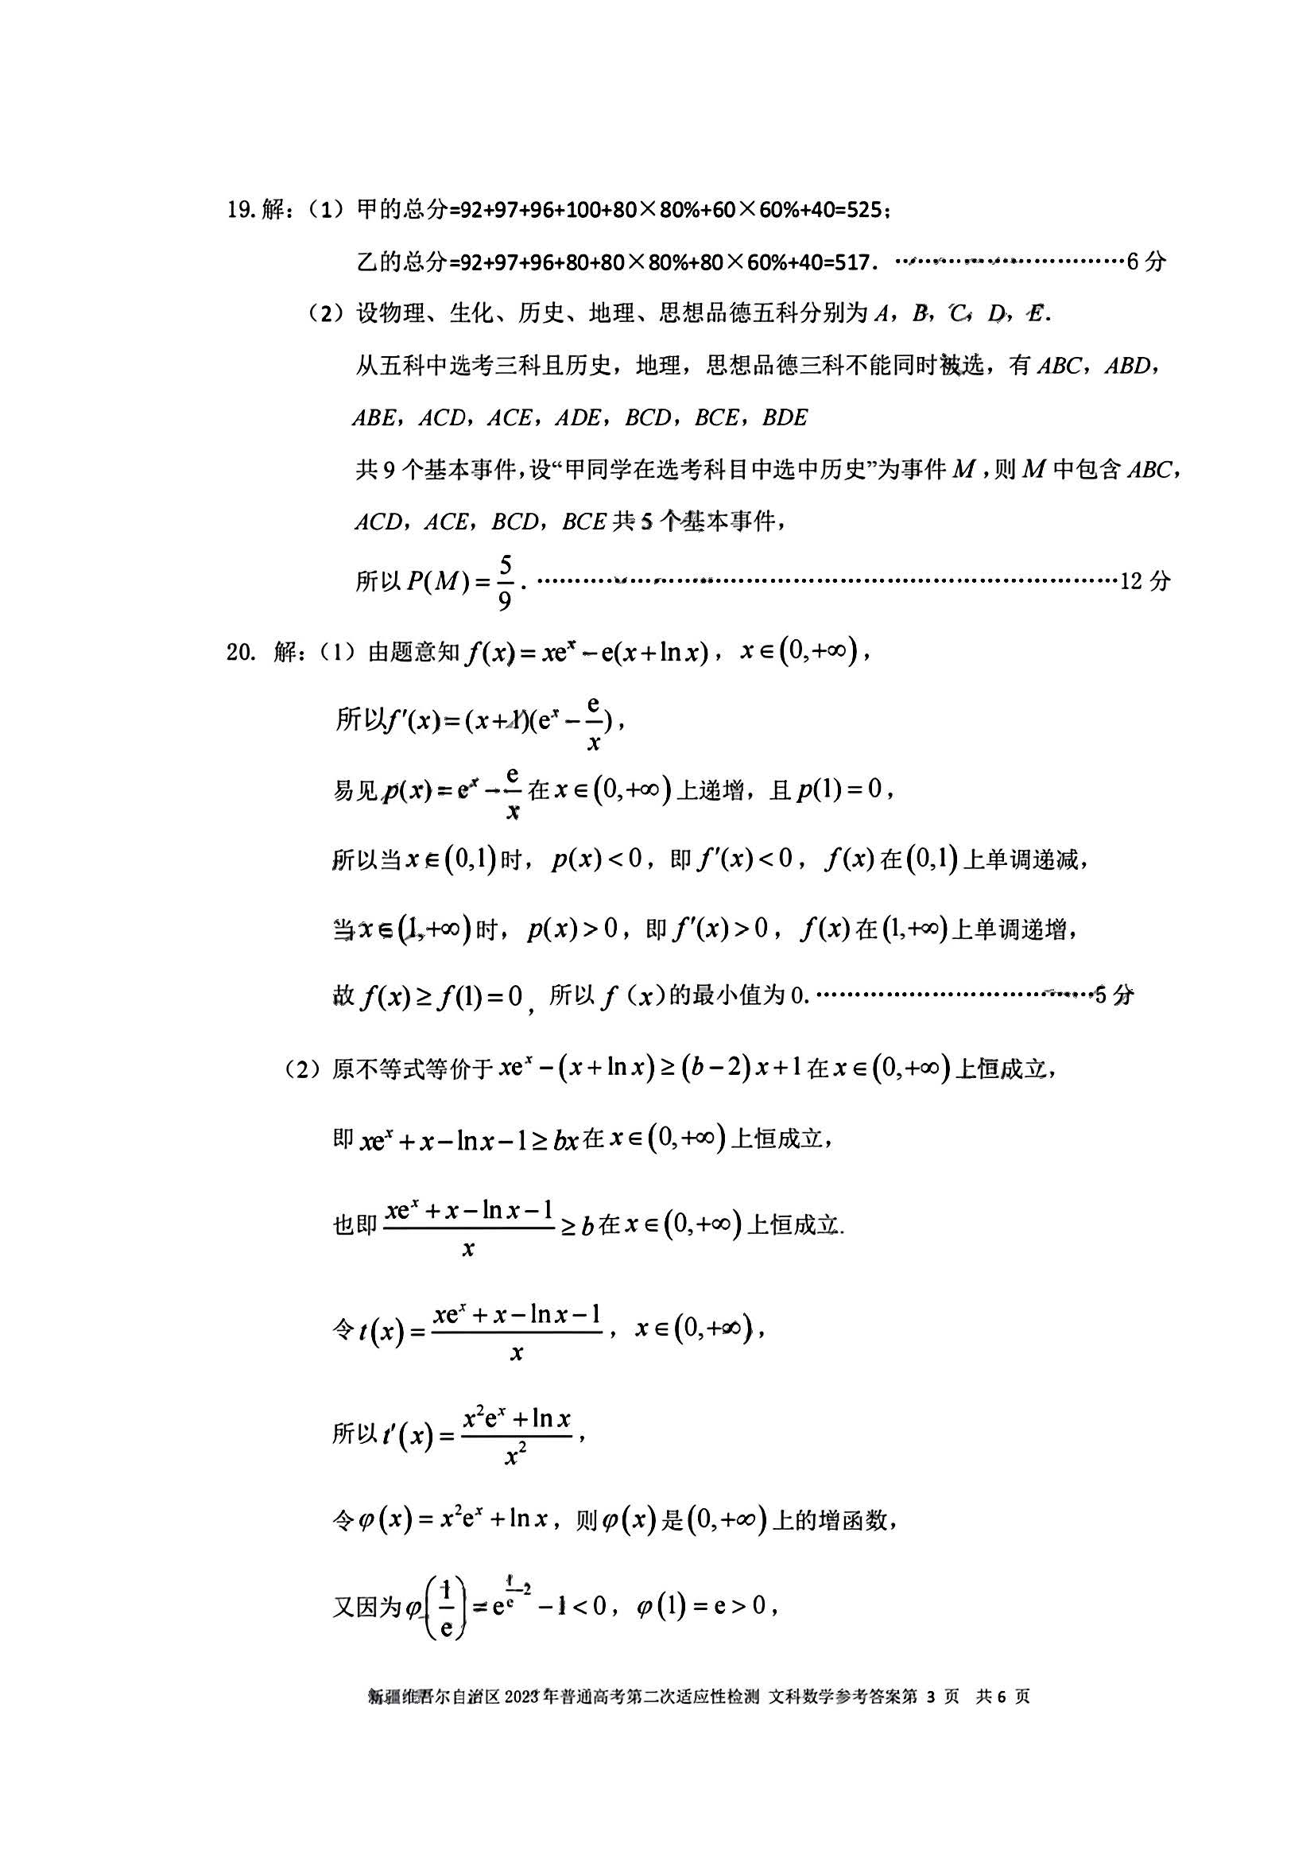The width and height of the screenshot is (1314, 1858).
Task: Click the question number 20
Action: [x=240, y=652]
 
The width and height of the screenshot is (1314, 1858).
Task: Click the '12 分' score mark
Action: [x=1144, y=580]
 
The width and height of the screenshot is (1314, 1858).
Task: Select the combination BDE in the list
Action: [x=785, y=418]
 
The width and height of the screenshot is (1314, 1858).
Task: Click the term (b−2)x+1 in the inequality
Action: [x=740, y=1069]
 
